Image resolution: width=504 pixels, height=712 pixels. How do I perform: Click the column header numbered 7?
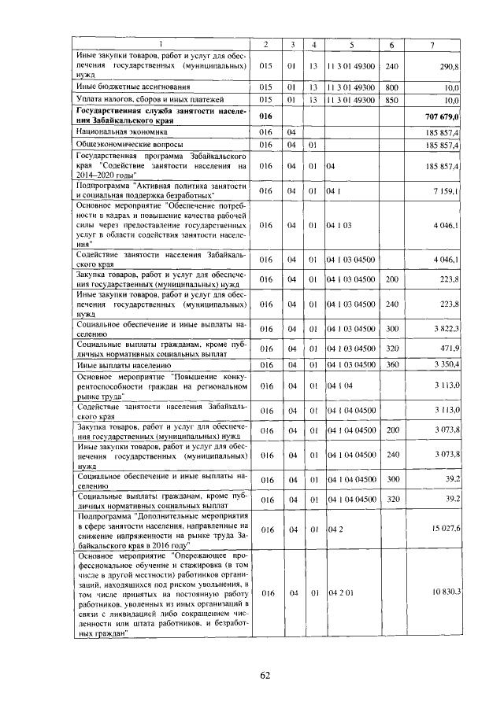pos(432,44)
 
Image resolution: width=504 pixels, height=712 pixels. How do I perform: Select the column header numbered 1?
pos(162,44)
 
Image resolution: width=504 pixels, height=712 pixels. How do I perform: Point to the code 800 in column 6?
pos(393,87)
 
